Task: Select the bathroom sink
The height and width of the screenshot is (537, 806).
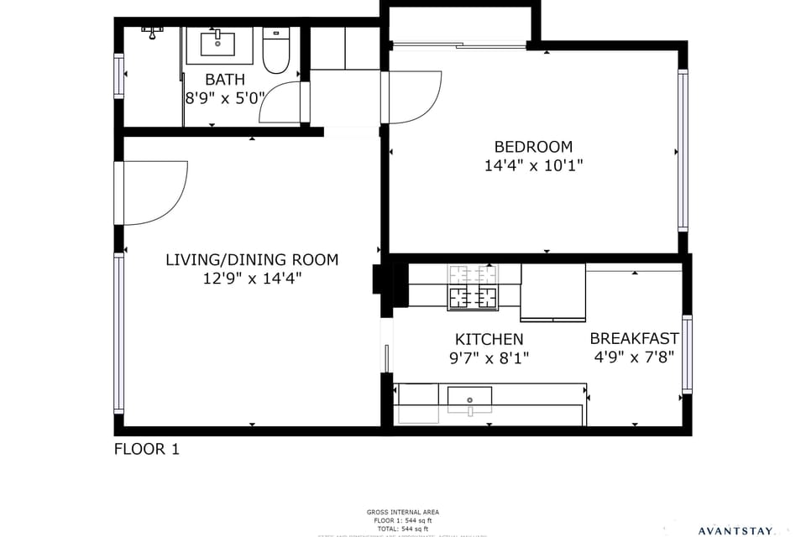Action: point(218,44)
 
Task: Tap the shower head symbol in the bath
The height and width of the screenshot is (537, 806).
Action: point(152,31)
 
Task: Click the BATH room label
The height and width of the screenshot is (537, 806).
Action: point(225,80)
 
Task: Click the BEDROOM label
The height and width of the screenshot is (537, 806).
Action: point(533,147)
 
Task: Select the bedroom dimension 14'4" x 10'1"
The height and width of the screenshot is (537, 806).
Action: point(533,166)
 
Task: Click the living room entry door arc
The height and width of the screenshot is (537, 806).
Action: point(160,193)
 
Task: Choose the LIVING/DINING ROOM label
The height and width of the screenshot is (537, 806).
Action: point(252,259)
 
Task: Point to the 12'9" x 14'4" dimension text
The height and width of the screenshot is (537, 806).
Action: point(252,279)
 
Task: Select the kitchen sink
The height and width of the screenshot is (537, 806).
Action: point(469,396)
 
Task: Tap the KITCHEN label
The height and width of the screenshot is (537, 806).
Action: point(489,340)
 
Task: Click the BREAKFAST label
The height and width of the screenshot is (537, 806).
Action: point(634,339)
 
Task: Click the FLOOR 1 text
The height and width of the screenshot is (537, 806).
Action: point(146,449)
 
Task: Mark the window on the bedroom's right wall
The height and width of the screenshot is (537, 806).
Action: point(683,151)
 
